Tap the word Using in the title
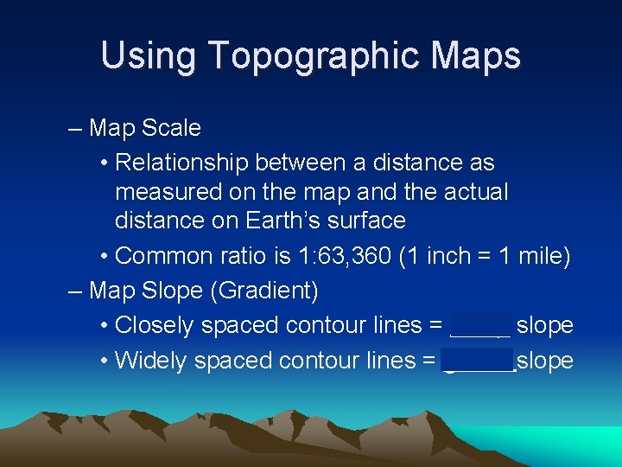[149, 56]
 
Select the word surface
[368, 221]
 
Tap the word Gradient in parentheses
[263, 291]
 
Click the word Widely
[152, 360]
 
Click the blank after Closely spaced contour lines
[480, 326]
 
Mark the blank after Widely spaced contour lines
[478, 361]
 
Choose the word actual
[476, 191]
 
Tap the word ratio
[244, 256]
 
